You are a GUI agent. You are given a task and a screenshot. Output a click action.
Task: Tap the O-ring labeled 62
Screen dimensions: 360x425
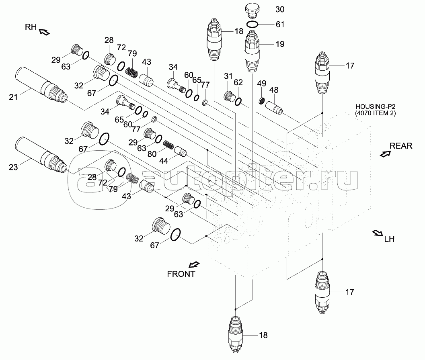coord(238,102)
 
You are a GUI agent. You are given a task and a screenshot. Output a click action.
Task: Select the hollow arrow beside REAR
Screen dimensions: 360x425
coord(385,153)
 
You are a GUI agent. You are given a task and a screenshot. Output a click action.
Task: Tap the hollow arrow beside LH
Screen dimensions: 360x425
coord(378,233)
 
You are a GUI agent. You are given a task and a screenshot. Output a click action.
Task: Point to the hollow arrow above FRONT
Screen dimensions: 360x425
coord(194,264)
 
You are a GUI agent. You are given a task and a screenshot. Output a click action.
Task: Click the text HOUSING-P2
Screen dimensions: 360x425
coord(370,107)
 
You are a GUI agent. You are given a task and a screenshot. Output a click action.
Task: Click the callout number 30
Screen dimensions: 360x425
coord(279,9)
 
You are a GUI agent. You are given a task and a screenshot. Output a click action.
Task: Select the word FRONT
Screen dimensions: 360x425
coord(181,274)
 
